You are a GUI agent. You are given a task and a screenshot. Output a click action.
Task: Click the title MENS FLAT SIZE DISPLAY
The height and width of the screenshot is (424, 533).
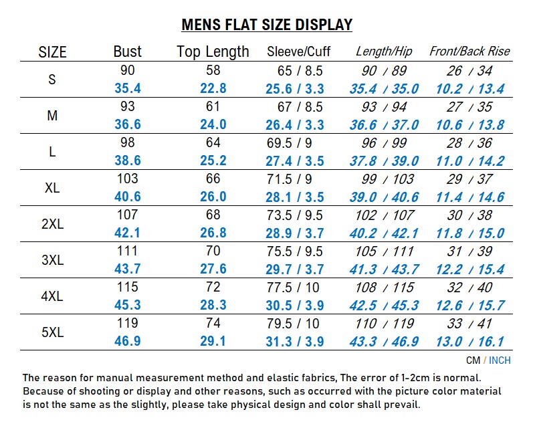[267, 25]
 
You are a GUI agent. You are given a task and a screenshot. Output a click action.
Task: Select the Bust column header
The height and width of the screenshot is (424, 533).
[128, 51]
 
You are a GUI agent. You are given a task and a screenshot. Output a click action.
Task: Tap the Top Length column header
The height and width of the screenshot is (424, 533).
[213, 51]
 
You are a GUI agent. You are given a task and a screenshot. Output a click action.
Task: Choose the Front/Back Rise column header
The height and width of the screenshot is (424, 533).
[469, 51]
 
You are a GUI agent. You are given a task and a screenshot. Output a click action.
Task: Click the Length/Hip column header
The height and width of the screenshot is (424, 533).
[384, 51]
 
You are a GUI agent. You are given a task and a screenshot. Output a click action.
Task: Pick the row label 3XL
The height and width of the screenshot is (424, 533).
[52, 260]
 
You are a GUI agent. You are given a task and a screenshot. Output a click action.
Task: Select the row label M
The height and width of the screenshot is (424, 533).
[52, 116]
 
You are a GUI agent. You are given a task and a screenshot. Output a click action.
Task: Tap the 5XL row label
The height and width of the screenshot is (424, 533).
[52, 332]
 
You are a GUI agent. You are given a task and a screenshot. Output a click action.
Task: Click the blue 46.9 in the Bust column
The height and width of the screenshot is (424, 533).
[128, 341]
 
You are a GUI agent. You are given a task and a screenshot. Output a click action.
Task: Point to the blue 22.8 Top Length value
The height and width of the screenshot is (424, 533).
[213, 88]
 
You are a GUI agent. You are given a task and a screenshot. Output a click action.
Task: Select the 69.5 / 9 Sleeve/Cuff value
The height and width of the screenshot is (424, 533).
[295, 143]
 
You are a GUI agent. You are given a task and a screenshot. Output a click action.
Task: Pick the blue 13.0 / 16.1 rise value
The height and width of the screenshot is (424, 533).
[469, 341]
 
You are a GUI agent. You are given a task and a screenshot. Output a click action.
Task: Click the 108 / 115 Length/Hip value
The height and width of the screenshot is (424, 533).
[384, 288]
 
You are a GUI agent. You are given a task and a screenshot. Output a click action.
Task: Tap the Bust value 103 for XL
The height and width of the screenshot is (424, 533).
[128, 179]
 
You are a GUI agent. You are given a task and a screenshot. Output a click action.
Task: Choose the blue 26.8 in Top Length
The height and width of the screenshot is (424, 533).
[213, 233]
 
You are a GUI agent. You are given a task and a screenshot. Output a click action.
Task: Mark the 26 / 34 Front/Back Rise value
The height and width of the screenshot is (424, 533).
[469, 71]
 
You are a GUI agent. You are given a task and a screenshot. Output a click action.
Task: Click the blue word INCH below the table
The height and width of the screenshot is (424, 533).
[500, 360]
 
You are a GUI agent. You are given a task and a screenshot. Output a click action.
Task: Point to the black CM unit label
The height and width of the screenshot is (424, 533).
[473, 360]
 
